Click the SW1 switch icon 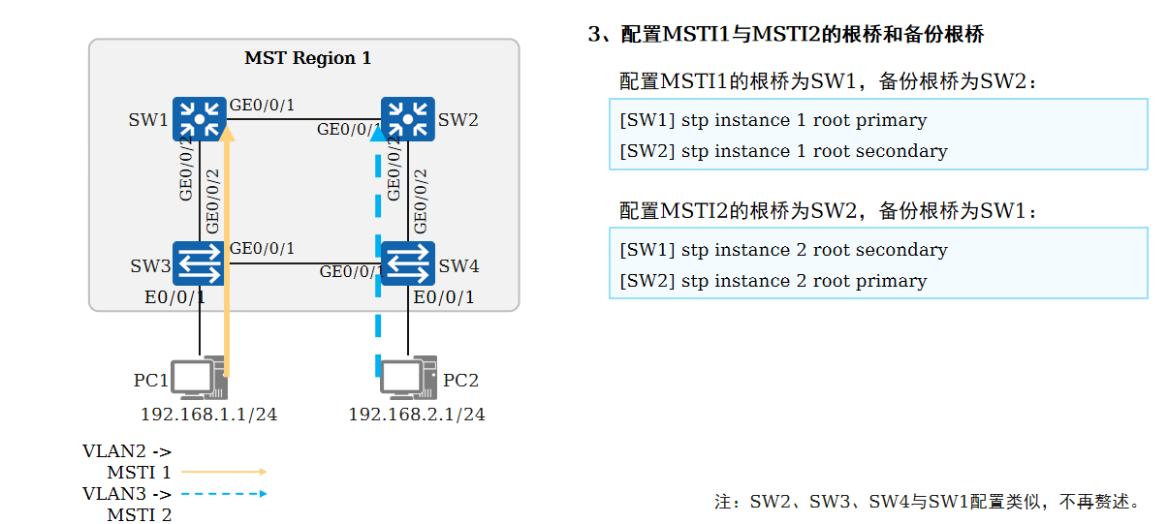tap(199, 120)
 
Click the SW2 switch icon tap(407, 120)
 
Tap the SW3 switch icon tap(199, 263)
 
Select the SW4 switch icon tap(407, 263)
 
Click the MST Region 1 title tap(307, 58)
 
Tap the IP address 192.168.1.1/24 tap(209, 415)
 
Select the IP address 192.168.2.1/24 tap(417, 415)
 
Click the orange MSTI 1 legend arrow tap(224, 472)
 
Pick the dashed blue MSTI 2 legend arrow tap(224, 494)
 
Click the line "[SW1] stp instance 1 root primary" tap(773, 120)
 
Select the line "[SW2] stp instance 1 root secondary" tap(783, 151)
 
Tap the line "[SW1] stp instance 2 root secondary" tap(783, 250)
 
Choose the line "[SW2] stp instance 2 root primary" tap(773, 281)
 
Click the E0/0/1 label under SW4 tap(444, 296)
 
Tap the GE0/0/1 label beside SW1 tap(262, 105)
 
